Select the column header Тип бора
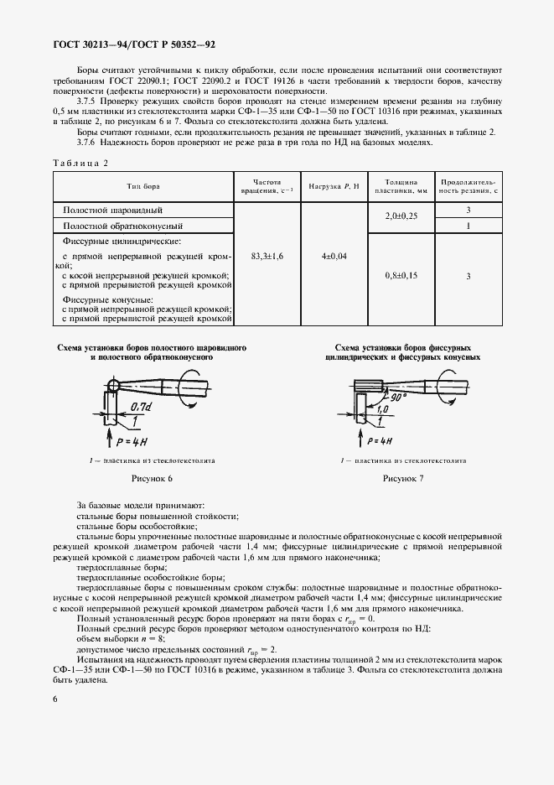coord(142,185)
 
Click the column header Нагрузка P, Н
coord(334,185)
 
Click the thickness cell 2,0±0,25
coord(401,216)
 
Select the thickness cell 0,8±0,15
coord(401,275)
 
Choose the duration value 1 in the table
coord(469,226)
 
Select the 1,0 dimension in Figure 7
coord(381,410)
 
